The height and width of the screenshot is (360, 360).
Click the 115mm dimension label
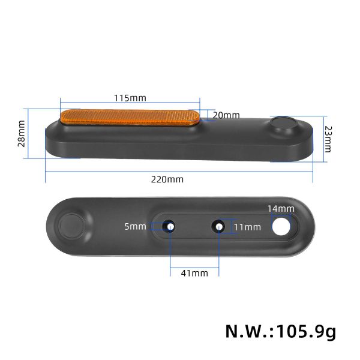point(130,98)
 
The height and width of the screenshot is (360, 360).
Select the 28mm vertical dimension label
point(22,133)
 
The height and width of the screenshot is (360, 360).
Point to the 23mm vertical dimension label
point(328,139)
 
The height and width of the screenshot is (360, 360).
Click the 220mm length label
point(167,179)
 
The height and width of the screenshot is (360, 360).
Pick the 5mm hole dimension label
point(136,226)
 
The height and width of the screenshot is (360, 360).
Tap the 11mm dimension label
point(247,227)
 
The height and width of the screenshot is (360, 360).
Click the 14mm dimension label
point(281,208)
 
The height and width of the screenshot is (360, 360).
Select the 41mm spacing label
point(194,273)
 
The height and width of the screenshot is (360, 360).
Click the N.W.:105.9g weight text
point(280,331)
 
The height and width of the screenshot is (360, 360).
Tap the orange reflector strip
point(130,116)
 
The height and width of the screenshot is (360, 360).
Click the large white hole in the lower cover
point(281,226)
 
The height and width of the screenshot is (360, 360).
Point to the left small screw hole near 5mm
point(170,226)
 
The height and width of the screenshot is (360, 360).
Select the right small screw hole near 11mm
point(219,226)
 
